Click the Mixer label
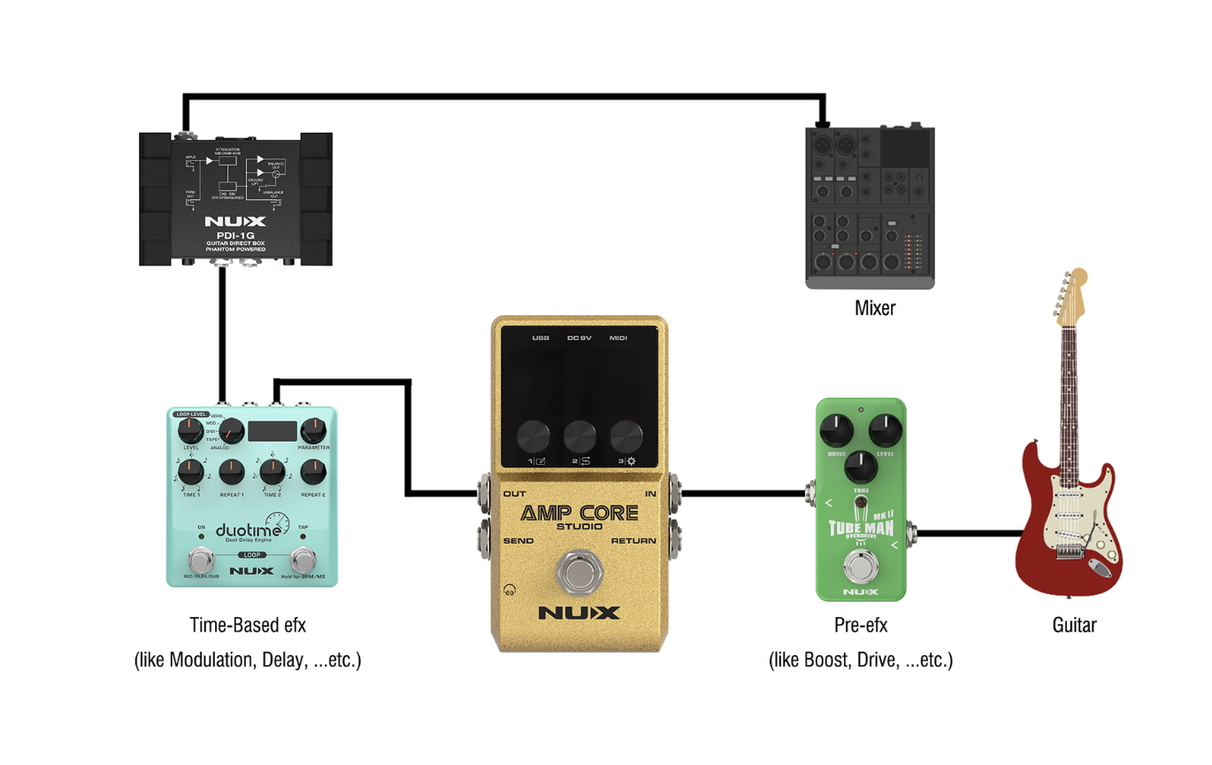point(874,309)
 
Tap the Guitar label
point(1074,625)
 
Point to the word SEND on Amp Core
point(518,541)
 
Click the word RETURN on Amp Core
point(633,541)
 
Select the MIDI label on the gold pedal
point(619,338)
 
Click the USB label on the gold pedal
point(541,338)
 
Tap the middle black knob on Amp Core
point(579,437)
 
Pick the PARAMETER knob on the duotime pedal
point(314,431)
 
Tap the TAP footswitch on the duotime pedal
point(303,560)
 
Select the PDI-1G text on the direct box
point(234,236)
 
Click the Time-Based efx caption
point(248,625)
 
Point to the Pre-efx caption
point(861,625)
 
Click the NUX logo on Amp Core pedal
point(579,613)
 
